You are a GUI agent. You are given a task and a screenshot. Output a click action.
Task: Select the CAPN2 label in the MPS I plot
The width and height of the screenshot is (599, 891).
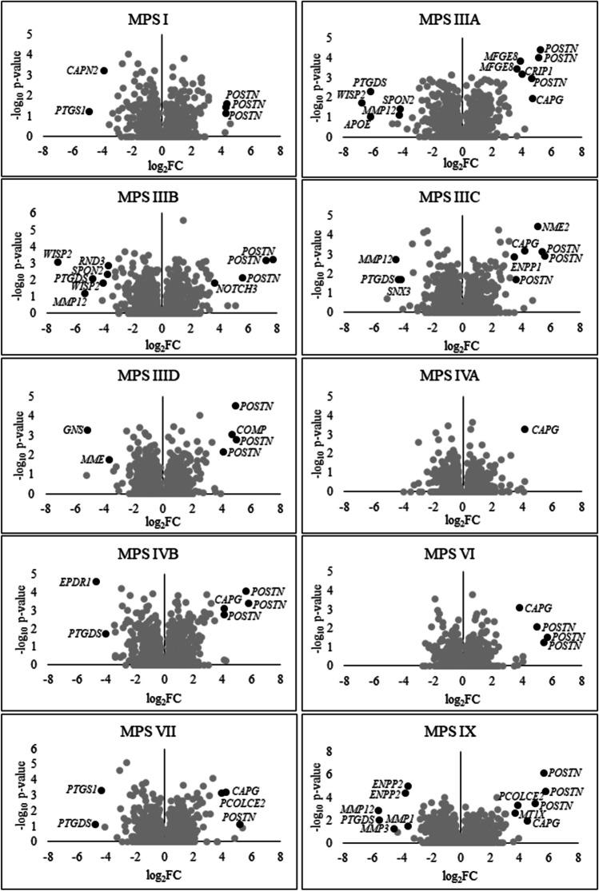(x=82, y=71)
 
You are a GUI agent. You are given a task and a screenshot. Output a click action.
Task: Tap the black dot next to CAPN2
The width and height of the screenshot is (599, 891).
(x=104, y=71)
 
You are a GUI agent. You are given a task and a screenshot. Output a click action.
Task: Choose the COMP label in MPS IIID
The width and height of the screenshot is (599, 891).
(x=251, y=429)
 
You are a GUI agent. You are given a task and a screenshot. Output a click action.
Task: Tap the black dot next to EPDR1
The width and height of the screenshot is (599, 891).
(x=96, y=582)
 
